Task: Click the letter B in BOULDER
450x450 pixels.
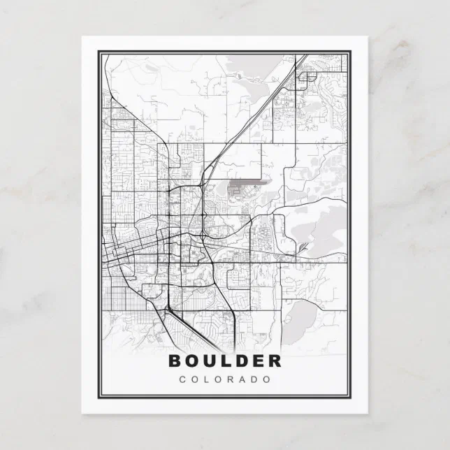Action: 175,361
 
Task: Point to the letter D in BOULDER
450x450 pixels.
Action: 244,361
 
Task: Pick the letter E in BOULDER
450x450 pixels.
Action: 260,361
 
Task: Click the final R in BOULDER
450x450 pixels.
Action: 275,361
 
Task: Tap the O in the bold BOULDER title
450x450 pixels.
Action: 194,361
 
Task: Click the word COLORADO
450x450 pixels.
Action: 225,379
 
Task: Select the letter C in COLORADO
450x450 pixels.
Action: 182,379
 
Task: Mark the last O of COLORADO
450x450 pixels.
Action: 268,379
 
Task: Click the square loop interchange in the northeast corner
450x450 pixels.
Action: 305,78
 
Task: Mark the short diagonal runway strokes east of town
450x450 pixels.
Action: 302,248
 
